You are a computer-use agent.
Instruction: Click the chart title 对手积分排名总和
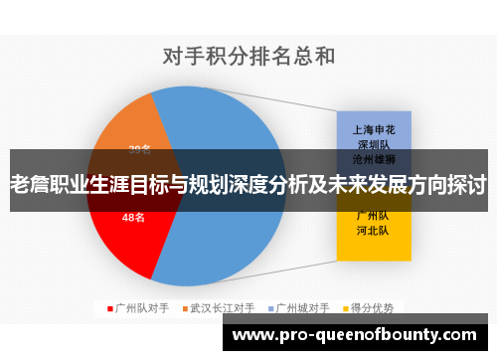coord(248,57)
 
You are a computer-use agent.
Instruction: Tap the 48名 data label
coord(133,217)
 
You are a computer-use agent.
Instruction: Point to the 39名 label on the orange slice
coord(140,150)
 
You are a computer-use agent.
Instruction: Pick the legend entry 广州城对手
coord(303,309)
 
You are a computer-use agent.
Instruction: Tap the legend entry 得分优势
coord(373,309)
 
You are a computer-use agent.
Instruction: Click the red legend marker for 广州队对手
coord(109,309)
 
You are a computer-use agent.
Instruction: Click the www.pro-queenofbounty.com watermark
coord(359,335)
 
